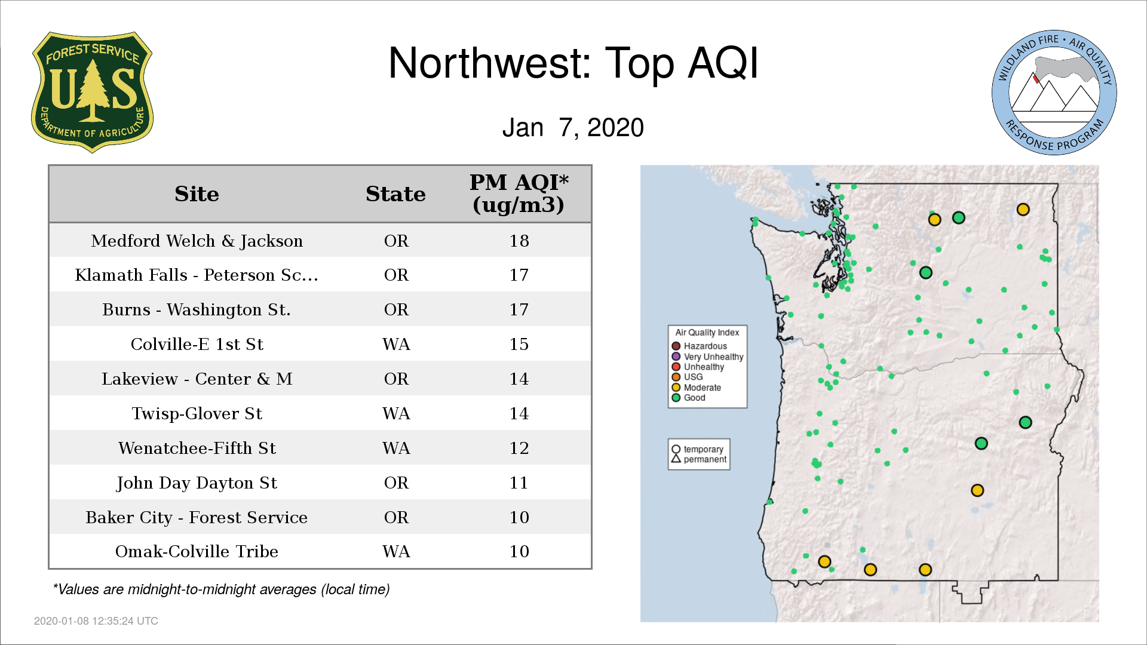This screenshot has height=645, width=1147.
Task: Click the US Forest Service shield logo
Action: coord(92,93)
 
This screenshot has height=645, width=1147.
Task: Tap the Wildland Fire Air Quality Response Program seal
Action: coord(1054,93)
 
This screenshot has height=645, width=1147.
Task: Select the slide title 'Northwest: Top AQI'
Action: coord(573,63)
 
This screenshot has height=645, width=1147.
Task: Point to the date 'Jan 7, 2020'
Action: coord(573,128)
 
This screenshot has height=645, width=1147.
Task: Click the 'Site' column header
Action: coord(197,194)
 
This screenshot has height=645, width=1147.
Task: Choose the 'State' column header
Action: coord(395,194)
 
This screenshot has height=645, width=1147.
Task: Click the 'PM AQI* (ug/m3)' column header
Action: coord(519,193)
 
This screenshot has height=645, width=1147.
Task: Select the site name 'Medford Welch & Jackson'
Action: coord(197,241)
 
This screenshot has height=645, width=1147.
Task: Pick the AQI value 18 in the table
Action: coord(519,241)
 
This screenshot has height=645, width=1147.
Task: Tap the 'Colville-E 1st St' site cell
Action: coord(197,344)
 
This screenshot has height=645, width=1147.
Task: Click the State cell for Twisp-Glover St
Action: coord(396,413)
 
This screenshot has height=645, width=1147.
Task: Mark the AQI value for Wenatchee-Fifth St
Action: coord(519,448)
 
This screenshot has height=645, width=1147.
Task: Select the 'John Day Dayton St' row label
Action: coord(197,483)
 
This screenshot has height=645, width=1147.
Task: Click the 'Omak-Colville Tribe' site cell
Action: coord(197,551)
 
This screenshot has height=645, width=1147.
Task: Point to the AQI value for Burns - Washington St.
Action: coord(519,309)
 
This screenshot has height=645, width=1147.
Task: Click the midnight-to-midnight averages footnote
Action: coord(221,589)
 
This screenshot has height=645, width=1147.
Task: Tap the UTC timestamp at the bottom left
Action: coord(96,621)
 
